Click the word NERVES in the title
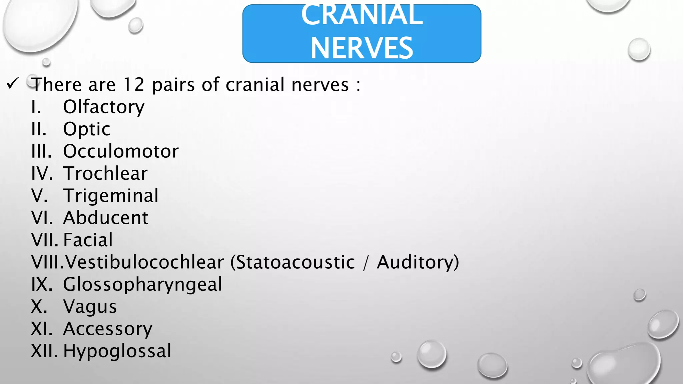click(x=362, y=48)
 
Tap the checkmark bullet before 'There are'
click(x=13, y=83)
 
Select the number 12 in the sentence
click(x=134, y=85)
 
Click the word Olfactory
click(x=104, y=107)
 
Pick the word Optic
click(x=87, y=129)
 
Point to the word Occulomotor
click(x=121, y=151)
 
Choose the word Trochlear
click(x=105, y=173)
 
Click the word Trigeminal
click(x=111, y=196)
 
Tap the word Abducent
click(x=106, y=218)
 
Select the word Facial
click(x=88, y=240)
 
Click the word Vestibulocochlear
click(x=144, y=262)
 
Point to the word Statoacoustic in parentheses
click(x=295, y=262)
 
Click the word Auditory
click(x=415, y=262)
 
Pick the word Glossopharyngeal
click(x=142, y=284)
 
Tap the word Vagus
click(x=90, y=307)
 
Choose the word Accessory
click(x=107, y=329)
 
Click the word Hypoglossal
click(x=117, y=351)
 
